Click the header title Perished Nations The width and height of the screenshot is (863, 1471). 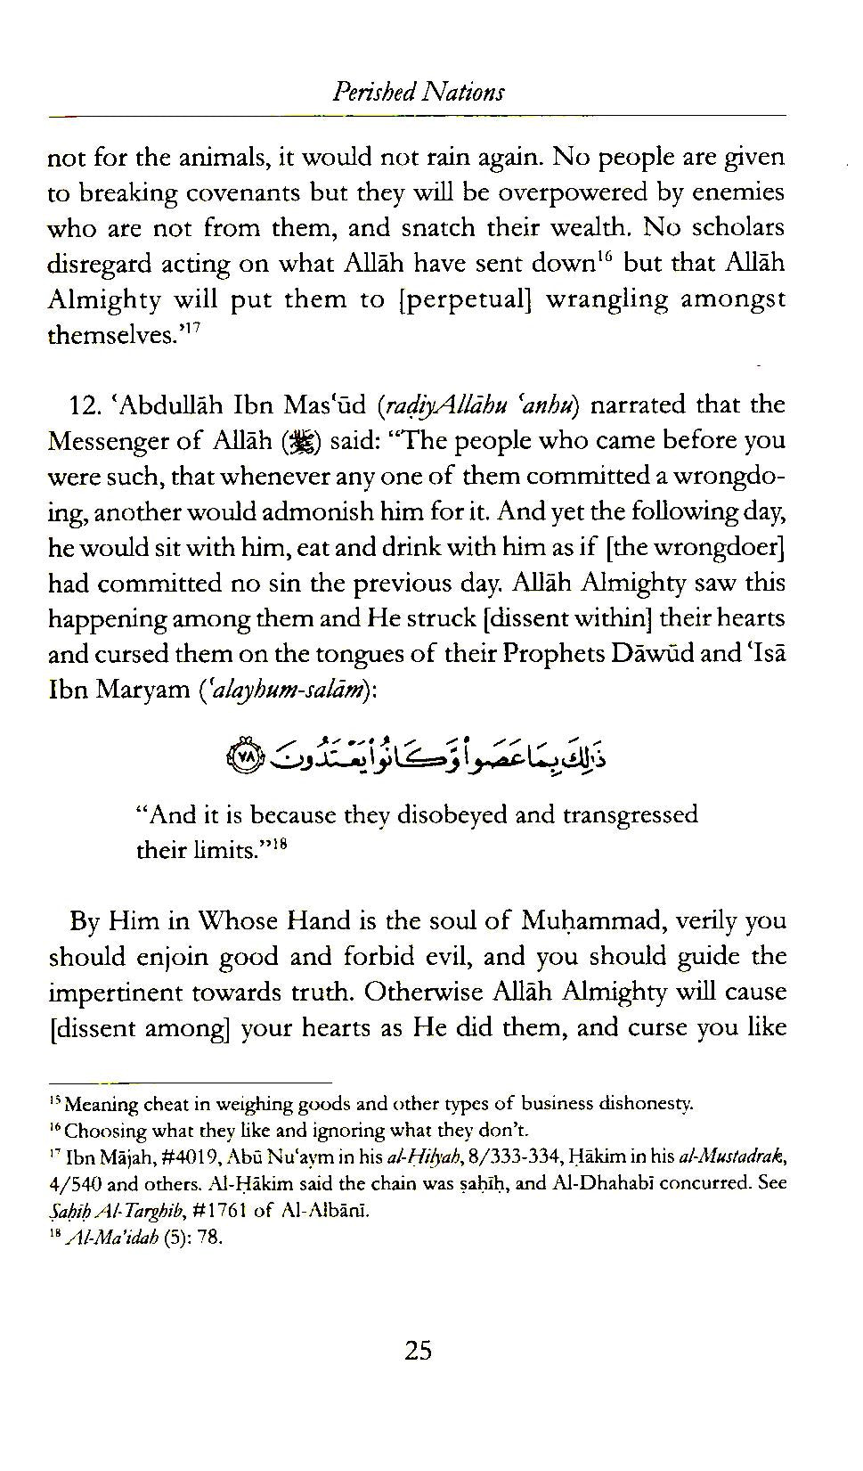pyautogui.click(x=418, y=92)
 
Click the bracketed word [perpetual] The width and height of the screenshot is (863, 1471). pyautogui.click(x=460, y=299)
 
